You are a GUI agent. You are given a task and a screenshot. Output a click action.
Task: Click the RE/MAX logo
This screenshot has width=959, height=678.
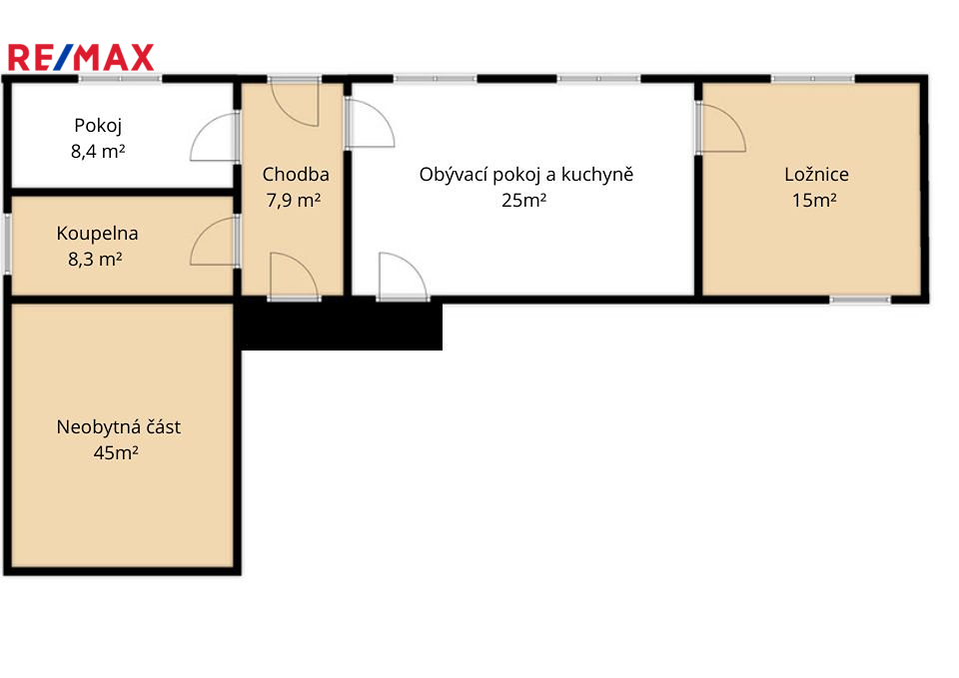pos(81,58)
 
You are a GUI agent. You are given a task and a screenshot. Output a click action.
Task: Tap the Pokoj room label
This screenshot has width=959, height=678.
pos(98,126)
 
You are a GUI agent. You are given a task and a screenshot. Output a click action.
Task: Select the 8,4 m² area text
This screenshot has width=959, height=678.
pos(98,151)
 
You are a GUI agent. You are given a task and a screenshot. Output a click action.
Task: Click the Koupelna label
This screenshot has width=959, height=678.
pos(97,234)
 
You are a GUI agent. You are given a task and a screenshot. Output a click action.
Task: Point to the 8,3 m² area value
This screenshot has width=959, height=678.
pos(95,260)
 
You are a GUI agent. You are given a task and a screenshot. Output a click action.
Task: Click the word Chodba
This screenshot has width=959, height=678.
pos(296,174)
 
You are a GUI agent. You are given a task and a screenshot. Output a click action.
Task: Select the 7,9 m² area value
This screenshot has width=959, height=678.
pos(294,200)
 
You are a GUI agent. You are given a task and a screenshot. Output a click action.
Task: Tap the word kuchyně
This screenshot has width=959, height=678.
pos(597,175)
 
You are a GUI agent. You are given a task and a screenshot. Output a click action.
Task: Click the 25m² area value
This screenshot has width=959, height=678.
pos(524,200)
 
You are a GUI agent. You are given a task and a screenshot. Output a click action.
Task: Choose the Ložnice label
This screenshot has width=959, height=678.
pos(816,174)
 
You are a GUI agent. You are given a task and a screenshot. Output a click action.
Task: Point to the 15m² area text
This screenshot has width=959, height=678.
pos(814,200)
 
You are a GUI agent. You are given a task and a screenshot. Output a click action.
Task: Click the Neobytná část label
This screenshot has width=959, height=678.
pos(119,426)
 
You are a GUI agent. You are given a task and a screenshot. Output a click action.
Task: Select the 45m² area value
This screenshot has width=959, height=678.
pos(116,452)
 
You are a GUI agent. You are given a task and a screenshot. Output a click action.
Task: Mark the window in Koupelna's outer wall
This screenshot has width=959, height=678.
pos(7,244)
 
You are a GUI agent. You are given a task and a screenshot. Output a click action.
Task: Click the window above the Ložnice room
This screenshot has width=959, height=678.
pos(812,79)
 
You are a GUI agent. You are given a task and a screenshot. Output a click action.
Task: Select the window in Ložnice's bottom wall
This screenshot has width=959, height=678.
pos(860,300)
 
